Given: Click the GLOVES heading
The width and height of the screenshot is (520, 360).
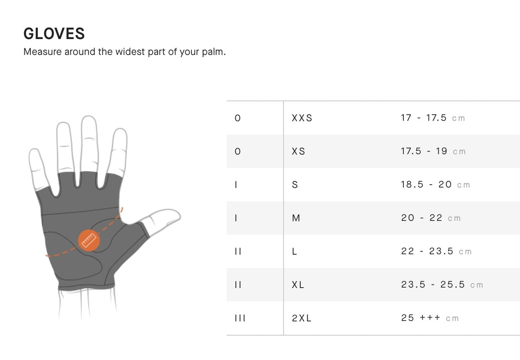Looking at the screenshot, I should point(54,33).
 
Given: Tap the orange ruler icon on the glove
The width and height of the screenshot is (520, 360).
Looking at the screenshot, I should point(89,240).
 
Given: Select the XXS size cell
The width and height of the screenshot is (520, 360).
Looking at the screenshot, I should point(302,118).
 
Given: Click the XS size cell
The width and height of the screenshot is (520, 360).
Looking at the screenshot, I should point(299,151).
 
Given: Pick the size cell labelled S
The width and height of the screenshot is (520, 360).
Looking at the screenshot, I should point(295,185).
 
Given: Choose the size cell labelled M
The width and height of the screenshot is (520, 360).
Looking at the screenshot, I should point(296,218).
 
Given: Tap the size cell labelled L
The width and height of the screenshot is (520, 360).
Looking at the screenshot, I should point(295,252).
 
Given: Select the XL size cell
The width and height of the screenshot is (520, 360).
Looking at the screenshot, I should point(298,285).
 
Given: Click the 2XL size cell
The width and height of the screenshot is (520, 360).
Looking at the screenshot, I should point(302,318).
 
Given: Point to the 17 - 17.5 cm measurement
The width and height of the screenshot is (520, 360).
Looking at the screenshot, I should point(432,118).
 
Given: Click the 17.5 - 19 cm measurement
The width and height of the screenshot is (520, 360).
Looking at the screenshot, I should point(433,151).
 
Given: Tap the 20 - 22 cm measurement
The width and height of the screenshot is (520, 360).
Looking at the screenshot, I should point(431,218).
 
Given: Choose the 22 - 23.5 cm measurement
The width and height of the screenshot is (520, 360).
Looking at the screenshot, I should point(436,252).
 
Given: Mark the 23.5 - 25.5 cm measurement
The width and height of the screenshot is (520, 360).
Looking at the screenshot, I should point(442,285).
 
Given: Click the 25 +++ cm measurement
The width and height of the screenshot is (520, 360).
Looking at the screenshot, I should point(429,318).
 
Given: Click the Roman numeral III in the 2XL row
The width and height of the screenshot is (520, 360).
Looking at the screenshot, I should point(240,318).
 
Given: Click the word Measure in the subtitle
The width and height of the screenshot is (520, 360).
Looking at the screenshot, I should point(42,52).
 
